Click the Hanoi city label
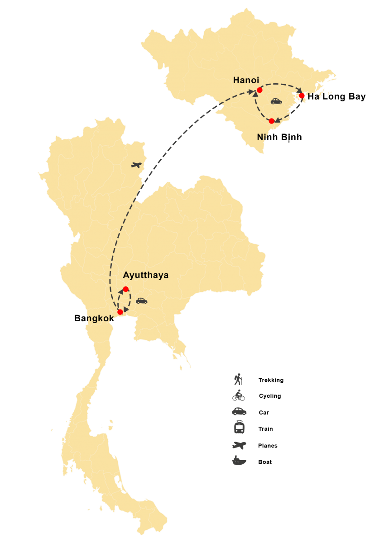click(x=246, y=80)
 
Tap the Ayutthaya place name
click(x=145, y=275)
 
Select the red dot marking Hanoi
click(x=259, y=90)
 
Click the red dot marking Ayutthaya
click(x=126, y=289)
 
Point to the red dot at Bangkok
click(x=120, y=312)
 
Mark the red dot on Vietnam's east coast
click(x=302, y=95)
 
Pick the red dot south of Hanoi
click(x=271, y=121)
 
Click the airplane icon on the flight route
click(x=136, y=165)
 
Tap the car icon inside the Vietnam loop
click(x=276, y=101)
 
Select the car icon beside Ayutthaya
click(x=142, y=300)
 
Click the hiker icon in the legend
click(x=238, y=379)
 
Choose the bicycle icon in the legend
click(x=239, y=395)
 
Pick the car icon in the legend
click(x=239, y=411)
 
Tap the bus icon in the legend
click(x=239, y=427)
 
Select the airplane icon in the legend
click(x=239, y=445)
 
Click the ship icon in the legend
click(x=239, y=461)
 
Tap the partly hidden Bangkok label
click(x=99, y=318)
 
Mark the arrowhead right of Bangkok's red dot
click(x=126, y=310)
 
